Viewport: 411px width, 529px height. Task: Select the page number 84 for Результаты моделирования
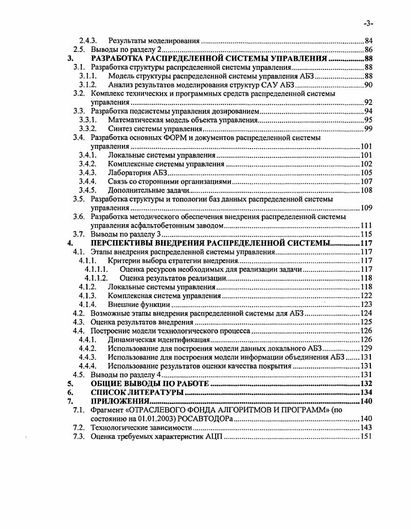368,41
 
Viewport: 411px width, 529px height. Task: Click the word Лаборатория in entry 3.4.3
129,173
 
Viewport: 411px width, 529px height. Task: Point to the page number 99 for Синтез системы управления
368,129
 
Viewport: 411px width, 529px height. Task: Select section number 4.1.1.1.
96,269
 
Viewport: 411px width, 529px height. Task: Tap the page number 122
366,296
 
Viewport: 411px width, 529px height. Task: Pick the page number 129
366,348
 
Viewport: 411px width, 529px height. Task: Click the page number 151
366,436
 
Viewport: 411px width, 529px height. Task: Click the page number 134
366,392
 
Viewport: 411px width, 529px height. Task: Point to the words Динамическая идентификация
158,339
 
